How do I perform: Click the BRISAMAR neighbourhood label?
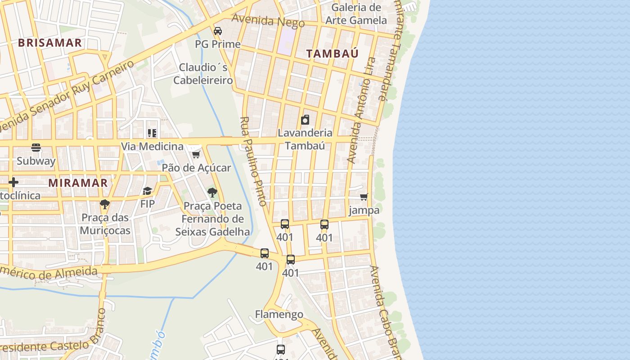point(50,43)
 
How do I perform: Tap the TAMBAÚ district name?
point(333,53)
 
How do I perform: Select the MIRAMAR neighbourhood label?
point(78,183)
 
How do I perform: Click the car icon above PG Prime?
point(218,31)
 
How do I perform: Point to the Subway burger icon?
point(36,147)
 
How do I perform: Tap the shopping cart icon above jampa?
point(364,197)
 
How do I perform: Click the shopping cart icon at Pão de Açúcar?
point(196,154)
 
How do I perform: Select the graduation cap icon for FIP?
point(147,191)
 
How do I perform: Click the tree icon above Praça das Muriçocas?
point(105,204)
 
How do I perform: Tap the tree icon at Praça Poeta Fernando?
point(212,193)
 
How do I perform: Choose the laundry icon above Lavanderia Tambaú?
point(305,119)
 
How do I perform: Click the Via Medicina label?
point(152,147)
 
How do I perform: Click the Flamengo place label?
point(279,314)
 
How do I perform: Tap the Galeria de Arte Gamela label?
point(356,14)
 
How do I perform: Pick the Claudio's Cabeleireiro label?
point(203,74)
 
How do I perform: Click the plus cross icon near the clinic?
point(13,182)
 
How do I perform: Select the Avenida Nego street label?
point(268,20)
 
